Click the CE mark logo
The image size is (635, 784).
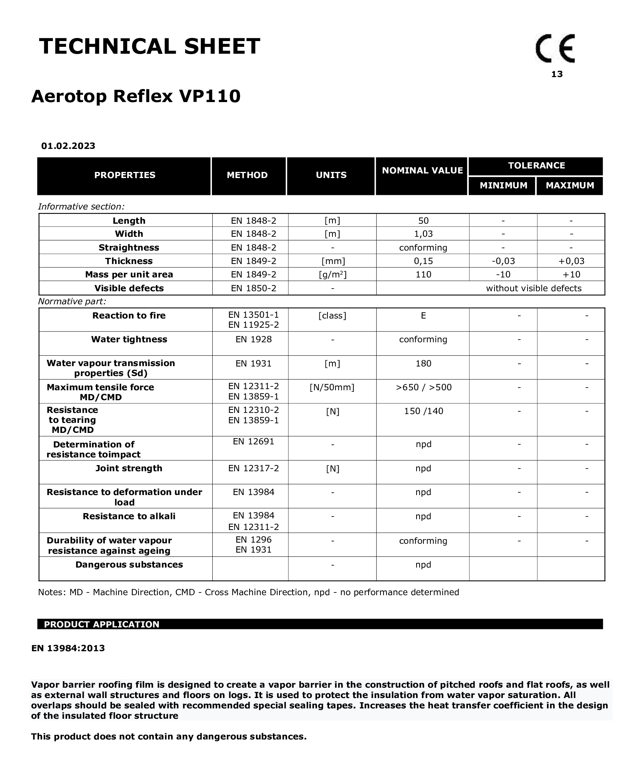[555, 49]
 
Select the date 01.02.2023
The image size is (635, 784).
[68, 146]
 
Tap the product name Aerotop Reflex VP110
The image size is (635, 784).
[136, 96]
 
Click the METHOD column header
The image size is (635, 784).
[247, 175]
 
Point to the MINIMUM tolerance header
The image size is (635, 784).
[503, 185]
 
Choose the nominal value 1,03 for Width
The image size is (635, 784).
[423, 234]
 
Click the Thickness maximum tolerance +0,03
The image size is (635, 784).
[571, 261]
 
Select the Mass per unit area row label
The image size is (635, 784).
[129, 274]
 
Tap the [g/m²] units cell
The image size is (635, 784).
[332, 274]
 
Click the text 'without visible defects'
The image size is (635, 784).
[534, 288]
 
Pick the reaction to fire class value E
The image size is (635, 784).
[423, 315]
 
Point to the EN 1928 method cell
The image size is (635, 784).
[253, 339]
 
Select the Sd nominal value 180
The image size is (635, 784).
[423, 363]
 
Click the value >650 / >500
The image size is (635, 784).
[423, 387]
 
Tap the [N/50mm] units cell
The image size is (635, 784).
[332, 387]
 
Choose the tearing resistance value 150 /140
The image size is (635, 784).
[423, 411]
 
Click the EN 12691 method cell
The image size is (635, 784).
[253, 441]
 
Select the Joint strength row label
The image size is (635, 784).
[129, 468]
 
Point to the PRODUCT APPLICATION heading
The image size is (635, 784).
[101, 624]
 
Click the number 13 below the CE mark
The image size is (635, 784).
[557, 74]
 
